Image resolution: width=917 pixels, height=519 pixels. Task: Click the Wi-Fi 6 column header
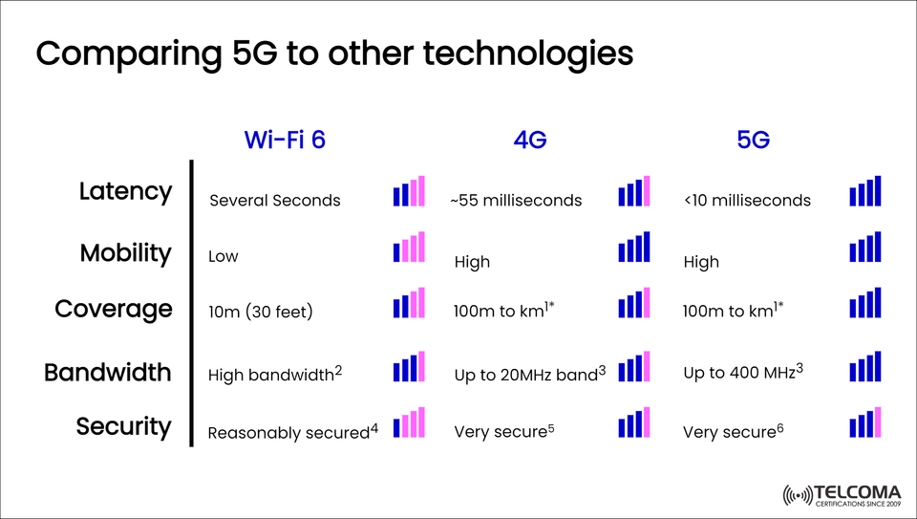click(x=285, y=140)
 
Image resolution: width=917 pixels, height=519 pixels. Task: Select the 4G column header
click(x=529, y=140)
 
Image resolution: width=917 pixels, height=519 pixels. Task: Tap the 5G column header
click(x=753, y=140)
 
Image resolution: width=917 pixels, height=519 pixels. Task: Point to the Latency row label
click(x=125, y=191)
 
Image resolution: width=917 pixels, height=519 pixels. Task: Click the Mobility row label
click(x=125, y=253)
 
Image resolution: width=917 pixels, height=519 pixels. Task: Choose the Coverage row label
click(x=114, y=310)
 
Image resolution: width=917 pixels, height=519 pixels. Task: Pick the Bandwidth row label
click(x=108, y=372)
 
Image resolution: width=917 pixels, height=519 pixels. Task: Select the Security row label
click(x=123, y=426)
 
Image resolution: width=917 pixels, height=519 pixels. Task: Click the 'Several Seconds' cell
click(x=274, y=201)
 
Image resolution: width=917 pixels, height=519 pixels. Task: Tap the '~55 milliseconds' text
click(x=516, y=201)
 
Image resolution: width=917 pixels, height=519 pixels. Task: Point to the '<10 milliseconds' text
click(x=747, y=201)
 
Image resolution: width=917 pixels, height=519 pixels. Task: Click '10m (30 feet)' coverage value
click(x=261, y=312)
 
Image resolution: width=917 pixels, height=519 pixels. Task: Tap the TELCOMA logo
click(x=841, y=495)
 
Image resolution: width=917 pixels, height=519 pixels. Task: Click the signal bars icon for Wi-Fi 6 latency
click(x=409, y=191)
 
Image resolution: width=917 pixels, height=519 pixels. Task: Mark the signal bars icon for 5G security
click(x=864, y=422)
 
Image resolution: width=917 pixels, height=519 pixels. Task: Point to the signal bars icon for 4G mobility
click(x=634, y=247)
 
